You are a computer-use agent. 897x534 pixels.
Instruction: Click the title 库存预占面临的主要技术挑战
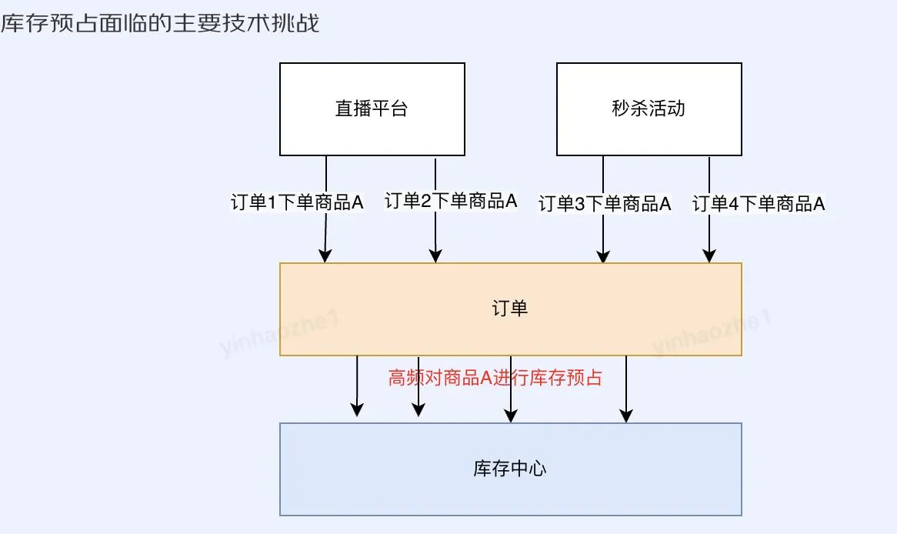click(x=160, y=24)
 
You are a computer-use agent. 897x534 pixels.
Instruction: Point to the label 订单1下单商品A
click(x=297, y=203)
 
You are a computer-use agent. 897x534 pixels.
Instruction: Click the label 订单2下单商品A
click(x=451, y=202)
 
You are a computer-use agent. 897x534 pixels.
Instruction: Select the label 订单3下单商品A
click(x=605, y=204)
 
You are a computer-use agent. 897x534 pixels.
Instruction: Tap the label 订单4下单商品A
click(x=759, y=204)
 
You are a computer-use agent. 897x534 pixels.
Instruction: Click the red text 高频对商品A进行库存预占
click(x=495, y=378)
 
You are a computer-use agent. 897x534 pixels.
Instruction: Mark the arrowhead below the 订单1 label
click(x=325, y=257)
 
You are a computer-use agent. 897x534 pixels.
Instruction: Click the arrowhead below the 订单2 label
click(x=435, y=257)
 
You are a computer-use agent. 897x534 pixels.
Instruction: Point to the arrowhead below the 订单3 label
click(x=603, y=257)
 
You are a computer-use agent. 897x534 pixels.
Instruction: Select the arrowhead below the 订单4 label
click(x=709, y=257)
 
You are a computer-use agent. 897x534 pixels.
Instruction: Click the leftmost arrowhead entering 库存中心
click(x=357, y=411)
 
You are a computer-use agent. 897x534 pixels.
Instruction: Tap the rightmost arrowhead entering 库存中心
click(x=626, y=416)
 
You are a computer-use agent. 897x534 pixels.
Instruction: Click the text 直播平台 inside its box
click(x=372, y=108)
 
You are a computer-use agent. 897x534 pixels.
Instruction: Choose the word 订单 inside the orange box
click(x=510, y=309)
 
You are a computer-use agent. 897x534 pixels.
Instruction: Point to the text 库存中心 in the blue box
click(x=510, y=469)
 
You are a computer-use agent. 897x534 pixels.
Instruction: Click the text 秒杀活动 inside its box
click(x=649, y=108)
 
